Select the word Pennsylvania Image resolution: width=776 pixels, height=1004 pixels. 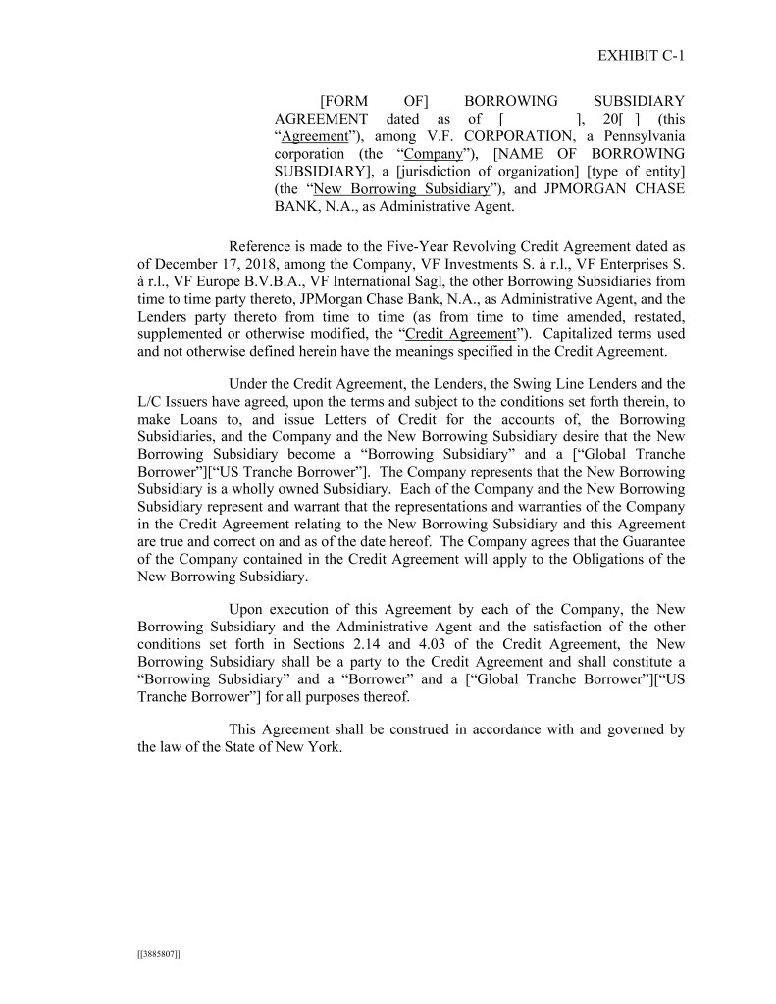[x=641, y=136]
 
